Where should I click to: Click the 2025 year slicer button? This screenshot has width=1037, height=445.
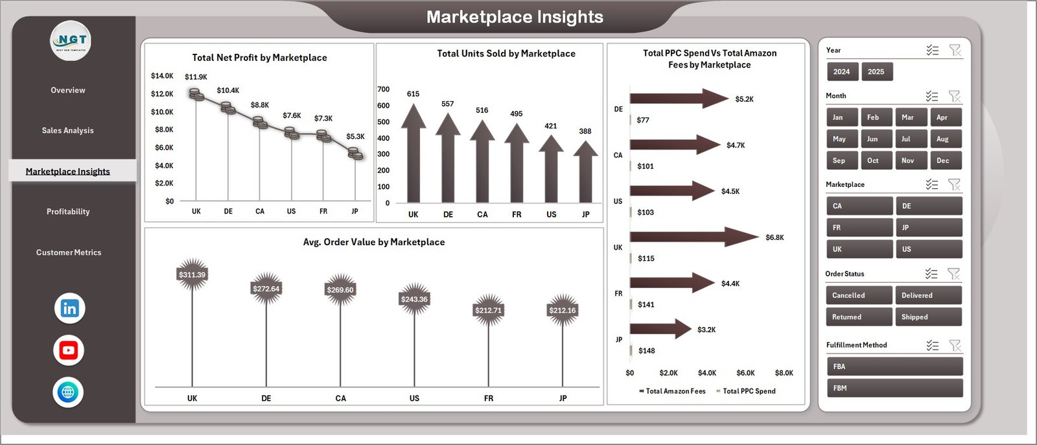[x=876, y=72]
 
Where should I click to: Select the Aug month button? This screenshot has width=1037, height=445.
[x=942, y=139]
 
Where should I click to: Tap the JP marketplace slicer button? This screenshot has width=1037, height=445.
[x=928, y=228]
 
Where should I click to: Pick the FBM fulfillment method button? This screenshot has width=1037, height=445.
[x=894, y=388]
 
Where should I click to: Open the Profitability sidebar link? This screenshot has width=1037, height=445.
[x=68, y=211]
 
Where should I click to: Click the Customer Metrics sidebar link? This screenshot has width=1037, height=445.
[x=69, y=252]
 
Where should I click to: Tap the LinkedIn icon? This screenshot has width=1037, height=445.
[x=69, y=309]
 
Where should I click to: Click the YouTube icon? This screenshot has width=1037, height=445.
[x=69, y=350]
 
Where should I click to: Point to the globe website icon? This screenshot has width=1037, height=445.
[x=68, y=392]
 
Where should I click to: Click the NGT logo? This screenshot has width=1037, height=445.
[x=71, y=41]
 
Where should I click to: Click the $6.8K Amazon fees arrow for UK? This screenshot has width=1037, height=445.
[x=693, y=237]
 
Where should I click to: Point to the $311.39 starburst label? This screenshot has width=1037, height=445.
[x=192, y=275]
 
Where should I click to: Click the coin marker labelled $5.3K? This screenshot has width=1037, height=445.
[x=355, y=153]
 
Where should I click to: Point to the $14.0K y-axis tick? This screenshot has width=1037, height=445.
[x=162, y=76]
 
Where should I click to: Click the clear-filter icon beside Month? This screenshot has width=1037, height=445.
[x=954, y=96]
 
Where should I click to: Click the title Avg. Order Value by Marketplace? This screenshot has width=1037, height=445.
[x=374, y=242]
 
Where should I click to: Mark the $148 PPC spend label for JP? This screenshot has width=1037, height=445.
[x=646, y=351]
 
